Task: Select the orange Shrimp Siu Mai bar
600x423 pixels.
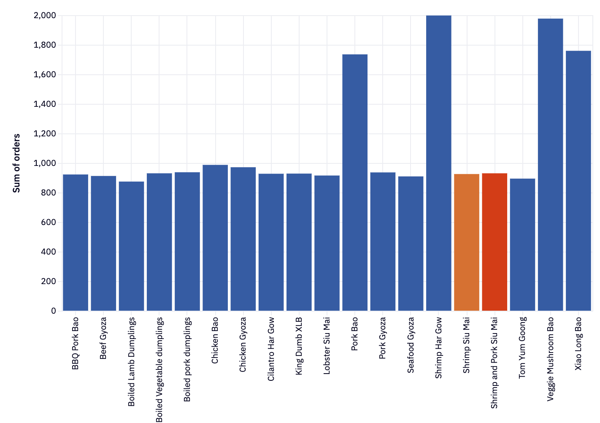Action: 466,242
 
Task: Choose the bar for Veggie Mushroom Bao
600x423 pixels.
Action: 550,165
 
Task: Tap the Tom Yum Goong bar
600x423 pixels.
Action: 522,244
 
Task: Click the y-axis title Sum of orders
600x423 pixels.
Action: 16,163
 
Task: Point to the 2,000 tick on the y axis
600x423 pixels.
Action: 44,16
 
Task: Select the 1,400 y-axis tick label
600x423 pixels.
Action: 44,104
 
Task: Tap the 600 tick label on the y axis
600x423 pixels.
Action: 48,222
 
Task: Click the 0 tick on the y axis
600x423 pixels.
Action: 53,311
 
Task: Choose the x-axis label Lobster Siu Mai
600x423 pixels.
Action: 327,346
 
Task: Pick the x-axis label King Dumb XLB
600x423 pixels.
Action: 299,346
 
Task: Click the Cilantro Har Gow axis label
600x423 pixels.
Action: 271,349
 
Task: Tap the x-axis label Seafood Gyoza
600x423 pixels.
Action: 411,345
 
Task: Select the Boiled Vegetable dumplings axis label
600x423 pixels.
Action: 159,369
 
